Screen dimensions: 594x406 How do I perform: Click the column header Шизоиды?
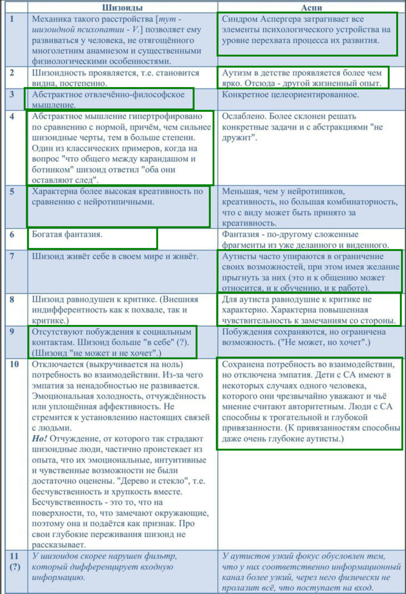click(x=122, y=7)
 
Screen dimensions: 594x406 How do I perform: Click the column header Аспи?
click(x=311, y=7)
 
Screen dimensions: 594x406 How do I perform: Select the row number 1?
click(x=12, y=19)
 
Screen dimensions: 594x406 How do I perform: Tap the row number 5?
click(x=12, y=191)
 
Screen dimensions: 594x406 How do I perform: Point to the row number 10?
click(x=14, y=364)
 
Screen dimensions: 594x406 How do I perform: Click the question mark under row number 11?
click(x=15, y=567)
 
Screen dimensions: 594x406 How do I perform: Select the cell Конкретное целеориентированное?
click(x=290, y=95)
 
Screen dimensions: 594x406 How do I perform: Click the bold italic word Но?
click(x=39, y=439)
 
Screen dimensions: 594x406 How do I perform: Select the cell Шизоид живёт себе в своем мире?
click(x=115, y=256)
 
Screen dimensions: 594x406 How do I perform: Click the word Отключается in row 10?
click(x=58, y=364)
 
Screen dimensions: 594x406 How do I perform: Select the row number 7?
click(x=12, y=256)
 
